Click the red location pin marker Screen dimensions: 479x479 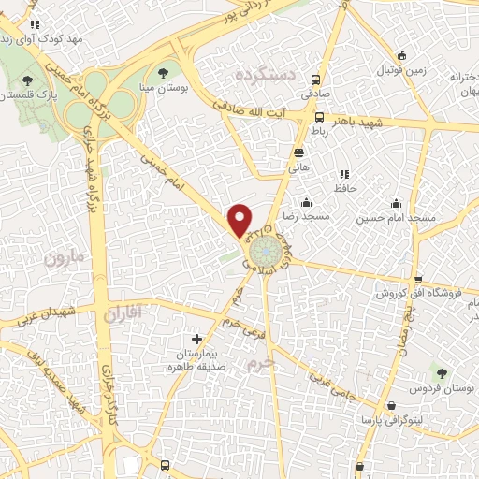coord(240,219)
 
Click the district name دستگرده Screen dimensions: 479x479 coord(266,72)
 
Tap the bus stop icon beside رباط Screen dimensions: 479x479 coord(320,118)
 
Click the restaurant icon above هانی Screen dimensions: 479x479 coord(298,152)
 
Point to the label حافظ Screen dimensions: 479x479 coord(348,188)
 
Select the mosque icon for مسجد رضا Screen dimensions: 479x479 coord(306,203)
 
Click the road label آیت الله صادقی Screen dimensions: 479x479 coord(251,110)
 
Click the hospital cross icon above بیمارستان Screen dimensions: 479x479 coord(196,339)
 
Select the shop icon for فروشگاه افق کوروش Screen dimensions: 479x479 coord(417,279)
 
